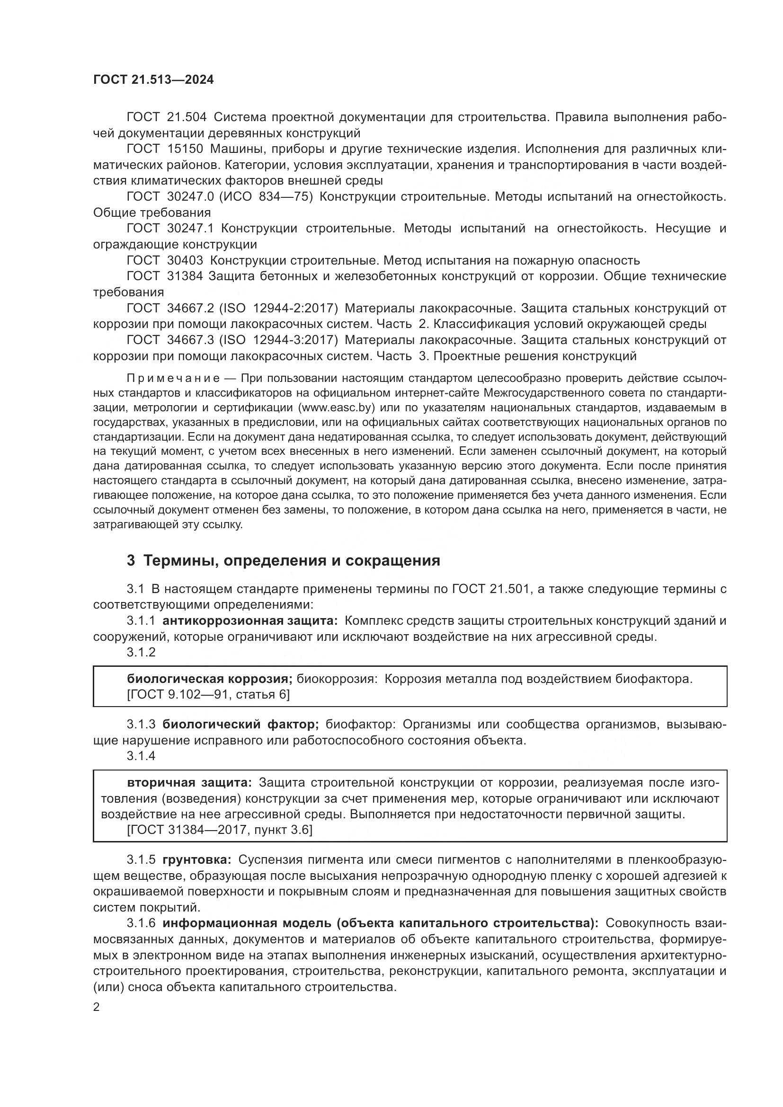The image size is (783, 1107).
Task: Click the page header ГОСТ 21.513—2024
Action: point(153,80)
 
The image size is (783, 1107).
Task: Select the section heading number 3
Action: point(131,561)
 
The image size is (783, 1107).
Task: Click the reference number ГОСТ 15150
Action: point(164,149)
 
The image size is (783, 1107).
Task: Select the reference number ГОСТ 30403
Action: point(164,260)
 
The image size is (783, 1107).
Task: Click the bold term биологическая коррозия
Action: point(209,679)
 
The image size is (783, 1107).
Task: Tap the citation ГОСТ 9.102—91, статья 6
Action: point(208,694)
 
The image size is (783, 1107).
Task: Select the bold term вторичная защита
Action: point(189,782)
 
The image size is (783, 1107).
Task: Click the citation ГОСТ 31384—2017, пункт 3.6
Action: point(219,830)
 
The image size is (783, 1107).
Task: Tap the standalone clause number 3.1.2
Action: point(141,652)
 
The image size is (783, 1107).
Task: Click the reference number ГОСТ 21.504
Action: point(166,117)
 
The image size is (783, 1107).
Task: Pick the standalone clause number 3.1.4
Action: point(141,756)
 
